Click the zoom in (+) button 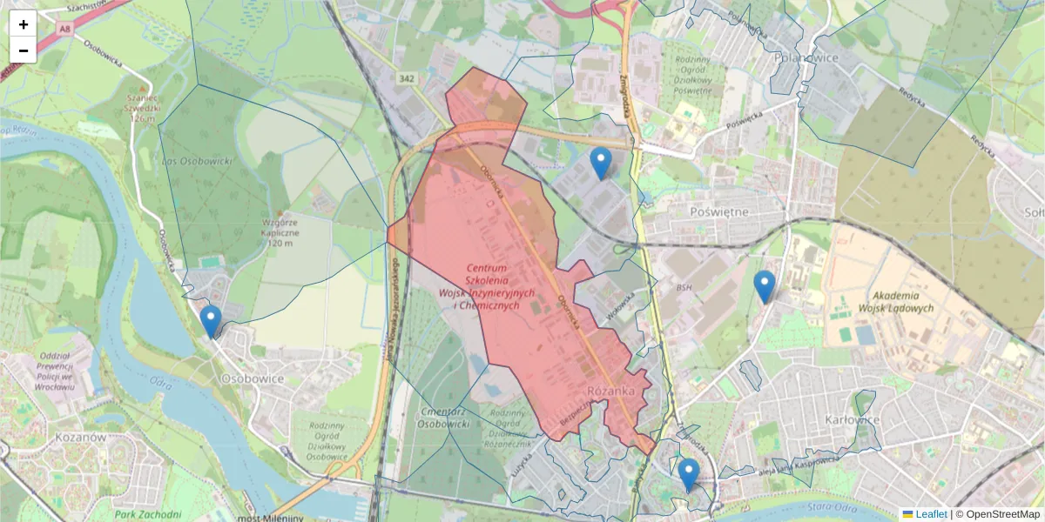24,24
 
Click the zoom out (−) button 24,50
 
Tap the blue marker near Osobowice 211,321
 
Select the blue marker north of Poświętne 600,163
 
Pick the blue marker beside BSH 764,286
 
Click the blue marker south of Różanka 689,474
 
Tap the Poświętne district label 718,211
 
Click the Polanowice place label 792,58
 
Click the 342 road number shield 406,78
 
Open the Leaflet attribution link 931,514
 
